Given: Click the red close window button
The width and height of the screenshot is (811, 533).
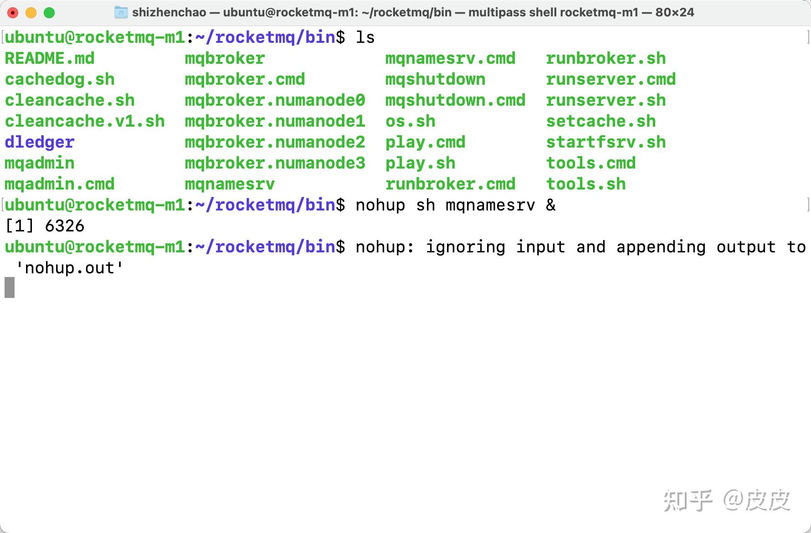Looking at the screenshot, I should (13, 13).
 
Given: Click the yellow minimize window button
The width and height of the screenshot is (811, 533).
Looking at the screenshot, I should (31, 13).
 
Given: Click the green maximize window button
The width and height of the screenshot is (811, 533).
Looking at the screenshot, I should (49, 13).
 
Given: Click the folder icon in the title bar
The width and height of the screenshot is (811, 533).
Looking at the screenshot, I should (121, 12).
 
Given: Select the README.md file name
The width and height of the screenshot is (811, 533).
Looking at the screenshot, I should (50, 58).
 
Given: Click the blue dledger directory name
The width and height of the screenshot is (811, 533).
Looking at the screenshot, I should (40, 142).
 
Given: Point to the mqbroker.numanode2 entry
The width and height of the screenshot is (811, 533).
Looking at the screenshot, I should (275, 142).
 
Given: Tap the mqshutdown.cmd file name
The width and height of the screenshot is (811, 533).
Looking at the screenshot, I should (455, 100).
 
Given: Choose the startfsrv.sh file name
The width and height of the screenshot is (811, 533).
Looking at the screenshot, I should (606, 142).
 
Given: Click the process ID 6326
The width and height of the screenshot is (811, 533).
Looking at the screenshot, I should (65, 226).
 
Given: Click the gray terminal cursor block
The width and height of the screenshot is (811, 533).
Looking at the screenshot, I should (10, 287).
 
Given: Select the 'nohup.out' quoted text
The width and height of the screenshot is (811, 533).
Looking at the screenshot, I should (69, 268).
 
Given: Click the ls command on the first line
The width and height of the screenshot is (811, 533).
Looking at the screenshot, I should (365, 37).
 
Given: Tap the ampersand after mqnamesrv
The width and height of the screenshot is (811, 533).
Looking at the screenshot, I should (551, 205).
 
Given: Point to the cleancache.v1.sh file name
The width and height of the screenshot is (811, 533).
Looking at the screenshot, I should (85, 121).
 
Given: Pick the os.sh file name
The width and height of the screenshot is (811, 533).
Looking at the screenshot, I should (410, 121).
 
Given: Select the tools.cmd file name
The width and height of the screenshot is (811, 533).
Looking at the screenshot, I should (590, 163).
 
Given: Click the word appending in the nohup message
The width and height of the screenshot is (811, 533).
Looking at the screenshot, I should (661, 247).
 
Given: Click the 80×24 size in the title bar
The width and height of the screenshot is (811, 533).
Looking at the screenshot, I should (675, 12).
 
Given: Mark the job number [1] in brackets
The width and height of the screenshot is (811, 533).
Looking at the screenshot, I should (20, 226).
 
